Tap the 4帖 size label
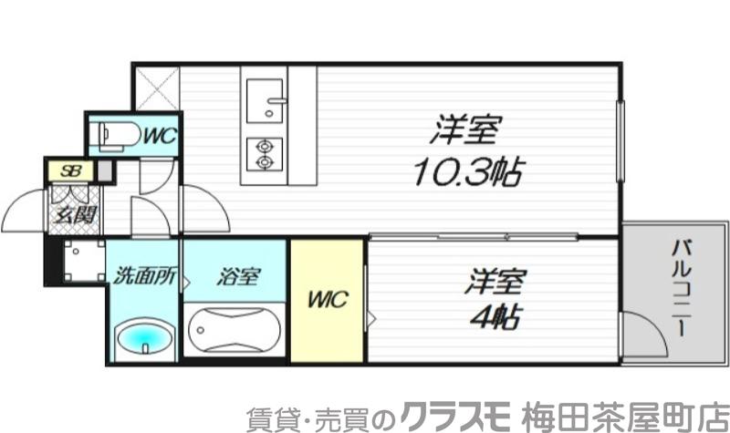pos(496,316)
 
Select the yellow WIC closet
pos(328,300)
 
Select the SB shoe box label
pos(70,170)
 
